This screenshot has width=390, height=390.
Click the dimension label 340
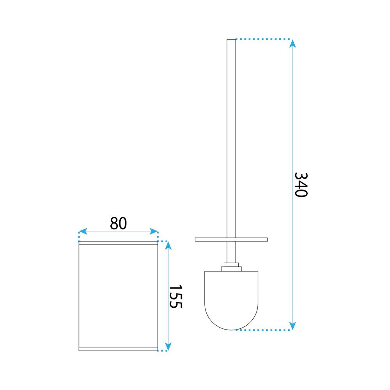click(301, 184)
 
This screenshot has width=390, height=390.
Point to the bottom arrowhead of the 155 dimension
click(168, 346)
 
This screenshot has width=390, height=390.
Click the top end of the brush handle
click(231, 41)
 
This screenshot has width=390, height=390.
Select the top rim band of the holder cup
click(118, 243)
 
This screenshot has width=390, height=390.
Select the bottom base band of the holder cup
click(118, 348)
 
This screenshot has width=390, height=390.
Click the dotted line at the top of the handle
click(263, 39)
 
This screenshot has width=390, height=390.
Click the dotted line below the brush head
click(265, 330)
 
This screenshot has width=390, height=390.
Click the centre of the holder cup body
click(118, 296)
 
